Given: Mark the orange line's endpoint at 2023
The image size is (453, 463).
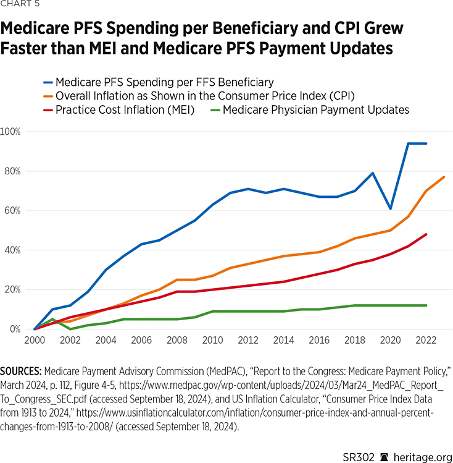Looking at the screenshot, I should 443,177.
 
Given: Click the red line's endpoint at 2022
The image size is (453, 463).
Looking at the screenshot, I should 426,234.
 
